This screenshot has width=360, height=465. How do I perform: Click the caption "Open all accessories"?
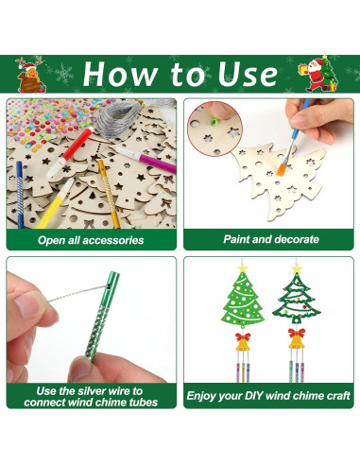pos(91,240)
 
